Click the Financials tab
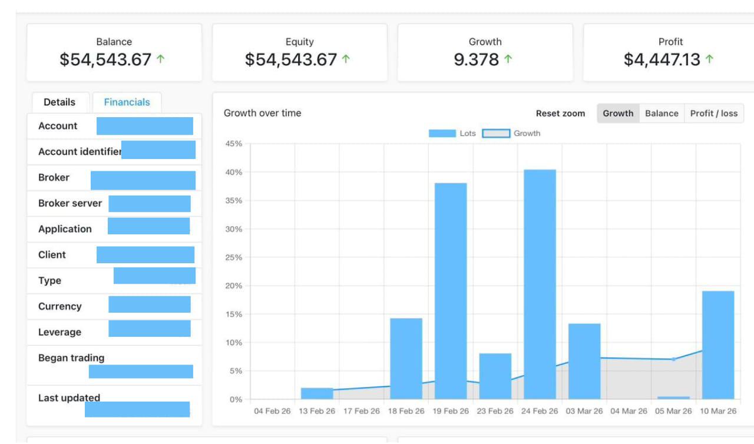click(x=127, y=102)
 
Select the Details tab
click(x=59, y=102)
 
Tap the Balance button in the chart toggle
click(x=662, y=113)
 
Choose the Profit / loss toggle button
click(x=713, y=113)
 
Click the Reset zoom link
click(x=560, y=113)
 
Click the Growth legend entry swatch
click(x=496, y=133)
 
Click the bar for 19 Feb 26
click(x=451, y=291)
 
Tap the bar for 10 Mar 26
click(x=718, y=345)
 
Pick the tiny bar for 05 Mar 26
click(x=673, y=397)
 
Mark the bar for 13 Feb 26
click(x=317, y=393)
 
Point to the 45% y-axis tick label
click(x=234, y=144)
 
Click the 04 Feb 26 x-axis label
click(x=272, y=411)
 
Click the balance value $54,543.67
click(x=105, y=59)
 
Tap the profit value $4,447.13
click(x=662, y=59)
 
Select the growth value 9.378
click(x=476, y=59)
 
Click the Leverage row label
click(x=59, y=332)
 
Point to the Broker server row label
click(x=70, y=203)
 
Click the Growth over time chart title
click(x=262, y=113)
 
